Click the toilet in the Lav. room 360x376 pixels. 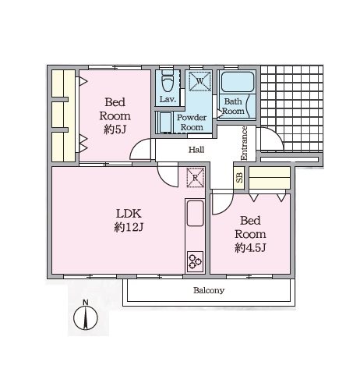click(167, 80)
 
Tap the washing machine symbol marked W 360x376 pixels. click(199, 81)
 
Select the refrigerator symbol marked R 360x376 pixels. click(196, 178)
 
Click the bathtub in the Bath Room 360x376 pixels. click(237, 81)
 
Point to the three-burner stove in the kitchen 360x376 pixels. click(195, 261)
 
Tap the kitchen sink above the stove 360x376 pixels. click(195, 213)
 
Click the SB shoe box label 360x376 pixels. click(239, 178)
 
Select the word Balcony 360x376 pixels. click(209, 290)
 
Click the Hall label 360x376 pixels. click(196, 150)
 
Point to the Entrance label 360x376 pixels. click(244, 143)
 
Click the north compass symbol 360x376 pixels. click(86, 317)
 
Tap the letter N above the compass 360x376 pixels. click(86, 302)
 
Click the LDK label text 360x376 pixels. click(129, 214)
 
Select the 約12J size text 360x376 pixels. click(129, 228)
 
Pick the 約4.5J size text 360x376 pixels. click(250, 248)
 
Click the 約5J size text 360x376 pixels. click(115, 129)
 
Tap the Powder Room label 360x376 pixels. click(192, 122)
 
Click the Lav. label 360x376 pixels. click(168, 99)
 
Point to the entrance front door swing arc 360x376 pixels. click(275, 134)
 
